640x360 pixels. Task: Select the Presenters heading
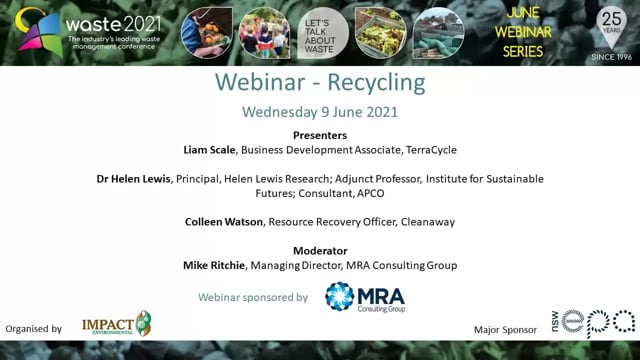319,134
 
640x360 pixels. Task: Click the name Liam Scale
211,149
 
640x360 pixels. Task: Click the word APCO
396,193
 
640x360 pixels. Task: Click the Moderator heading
319,250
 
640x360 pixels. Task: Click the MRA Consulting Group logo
366,297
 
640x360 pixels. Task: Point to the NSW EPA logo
597,323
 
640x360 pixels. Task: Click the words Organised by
34,328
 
